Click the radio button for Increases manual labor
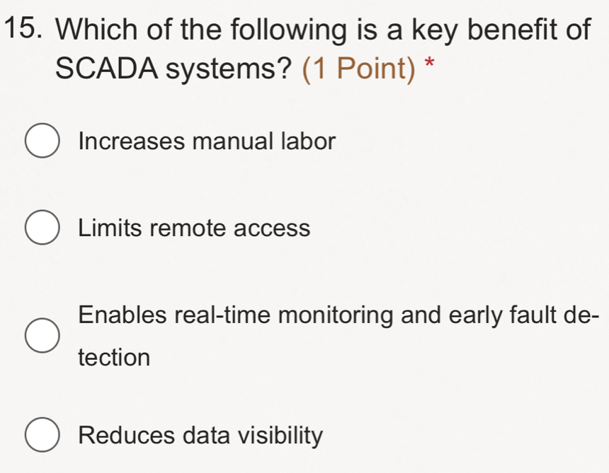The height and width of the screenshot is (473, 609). point(43,141)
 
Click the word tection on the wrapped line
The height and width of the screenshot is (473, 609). point(115,357)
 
